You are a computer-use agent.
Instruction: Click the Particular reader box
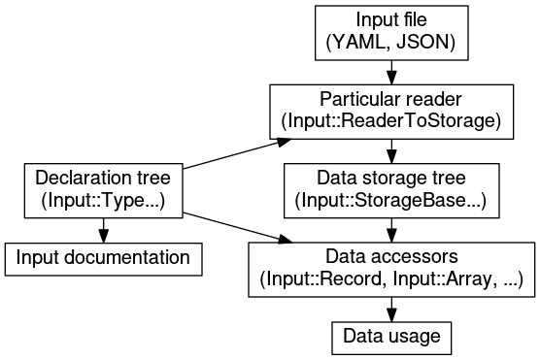[389, 111]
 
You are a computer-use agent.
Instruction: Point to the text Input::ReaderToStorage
[389, 121]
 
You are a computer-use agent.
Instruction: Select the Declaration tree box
[103, 189]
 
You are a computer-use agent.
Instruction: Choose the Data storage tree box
[390, 189]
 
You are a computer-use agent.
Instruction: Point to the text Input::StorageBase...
[386, 201]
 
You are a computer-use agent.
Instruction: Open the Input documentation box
[103, 258]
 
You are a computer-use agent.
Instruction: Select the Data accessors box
[390, 269]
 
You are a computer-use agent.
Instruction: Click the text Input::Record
[322, 280]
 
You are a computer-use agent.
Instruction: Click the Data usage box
[391, 337]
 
